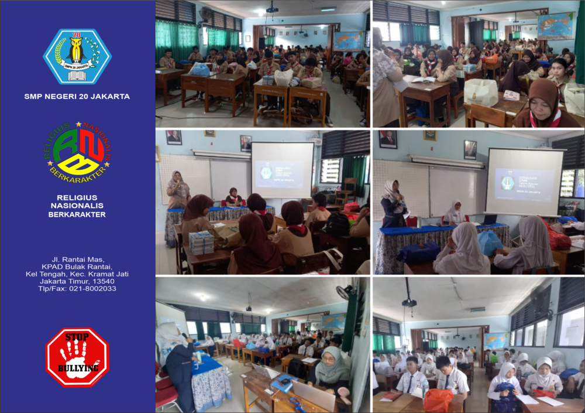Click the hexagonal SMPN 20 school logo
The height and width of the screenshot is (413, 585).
(77, 57)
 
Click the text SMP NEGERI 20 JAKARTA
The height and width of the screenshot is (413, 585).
(77, 97)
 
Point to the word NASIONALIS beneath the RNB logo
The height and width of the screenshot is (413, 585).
(77, 206)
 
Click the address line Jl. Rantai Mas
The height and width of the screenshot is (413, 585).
(77, 258)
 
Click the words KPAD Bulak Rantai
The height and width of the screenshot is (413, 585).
(77, 266)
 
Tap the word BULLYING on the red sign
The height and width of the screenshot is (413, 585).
(77, 368)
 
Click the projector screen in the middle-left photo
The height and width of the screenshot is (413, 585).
(282, 169)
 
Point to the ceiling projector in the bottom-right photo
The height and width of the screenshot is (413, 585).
(409, 302)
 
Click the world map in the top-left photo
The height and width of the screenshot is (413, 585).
(348, 40)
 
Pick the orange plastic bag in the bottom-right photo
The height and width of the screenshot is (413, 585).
(438, 400)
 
